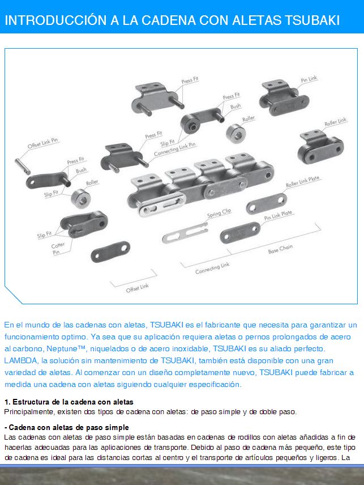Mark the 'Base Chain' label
281,249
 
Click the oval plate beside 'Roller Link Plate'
266,203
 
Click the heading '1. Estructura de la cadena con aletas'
68,402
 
